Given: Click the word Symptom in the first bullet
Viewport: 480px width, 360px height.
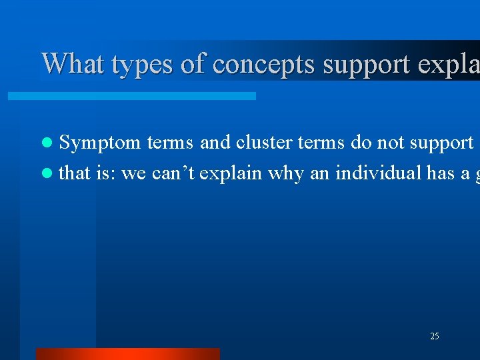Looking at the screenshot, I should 100,143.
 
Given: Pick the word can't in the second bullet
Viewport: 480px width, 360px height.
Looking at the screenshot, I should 173,173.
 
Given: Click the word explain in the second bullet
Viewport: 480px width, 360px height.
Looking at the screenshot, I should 231,174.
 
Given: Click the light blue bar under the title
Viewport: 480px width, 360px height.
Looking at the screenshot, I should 131,96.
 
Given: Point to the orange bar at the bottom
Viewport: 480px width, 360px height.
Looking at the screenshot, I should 127,353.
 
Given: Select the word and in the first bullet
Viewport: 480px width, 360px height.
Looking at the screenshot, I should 214,142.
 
